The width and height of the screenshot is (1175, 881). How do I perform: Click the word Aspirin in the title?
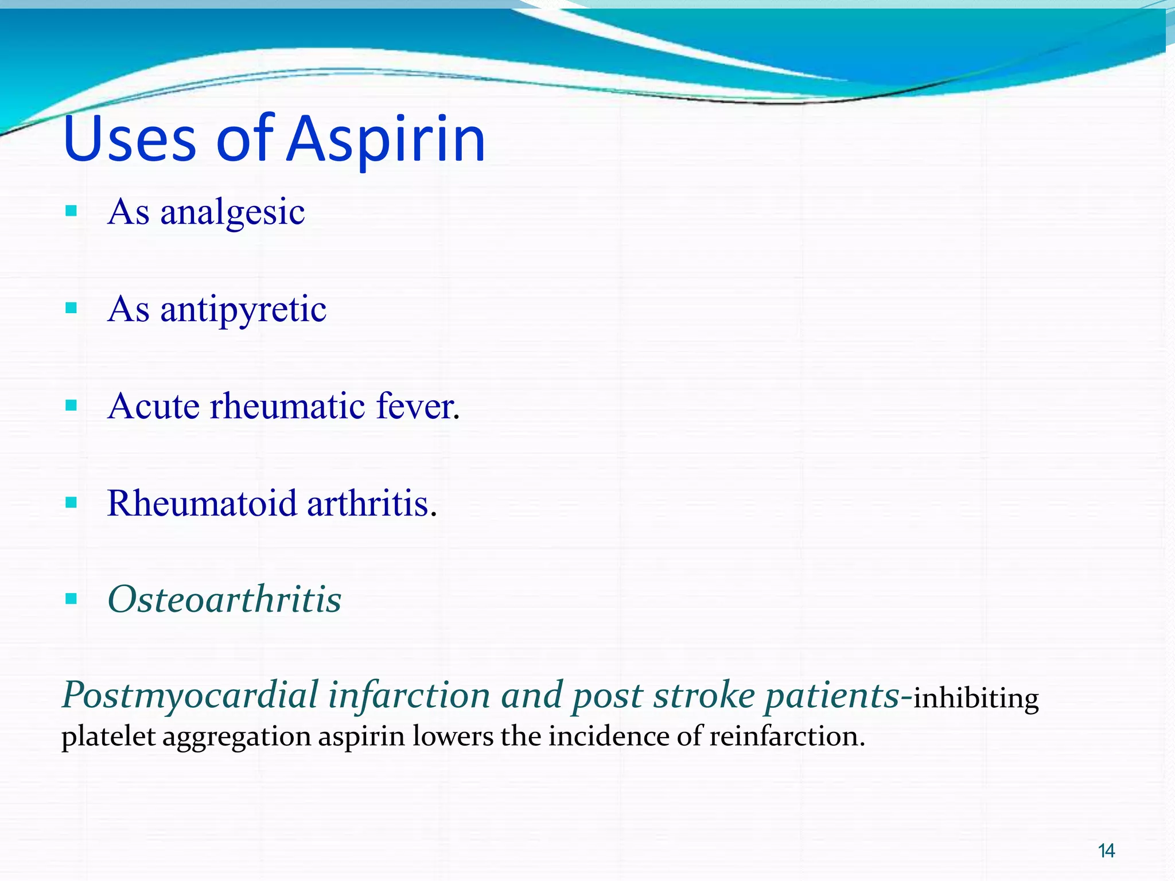(386, 139)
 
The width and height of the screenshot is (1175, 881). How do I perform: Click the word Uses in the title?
(130, 139)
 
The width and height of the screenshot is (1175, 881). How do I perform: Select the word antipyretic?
(243, 310)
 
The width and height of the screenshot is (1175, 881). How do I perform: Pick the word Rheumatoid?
(202, 503)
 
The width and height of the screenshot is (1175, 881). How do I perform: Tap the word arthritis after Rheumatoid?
(371, 503)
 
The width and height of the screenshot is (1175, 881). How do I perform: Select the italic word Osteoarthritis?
(224, 599)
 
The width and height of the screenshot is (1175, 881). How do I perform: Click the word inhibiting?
(975, 699)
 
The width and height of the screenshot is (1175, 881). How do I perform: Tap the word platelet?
(108, 736)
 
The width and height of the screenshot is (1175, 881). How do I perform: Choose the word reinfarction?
(787, 736)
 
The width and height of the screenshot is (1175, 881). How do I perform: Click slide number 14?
(1106, 851)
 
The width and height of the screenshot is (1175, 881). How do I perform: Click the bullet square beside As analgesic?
(71, 211)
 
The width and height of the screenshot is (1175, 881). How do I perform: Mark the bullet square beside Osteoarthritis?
(71, 599)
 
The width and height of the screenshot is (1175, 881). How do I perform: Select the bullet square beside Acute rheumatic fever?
(71, 406)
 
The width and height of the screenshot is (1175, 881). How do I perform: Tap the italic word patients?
(832, 695)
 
